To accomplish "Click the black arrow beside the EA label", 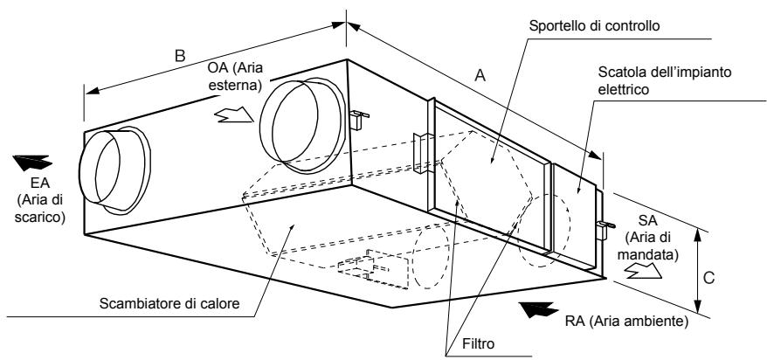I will (x=31, y=161).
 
